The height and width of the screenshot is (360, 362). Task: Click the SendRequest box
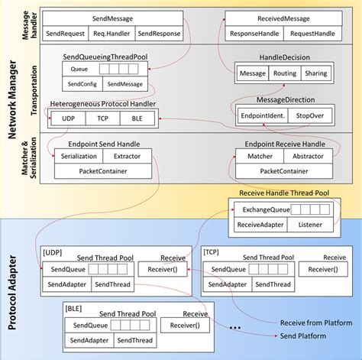(64, 34)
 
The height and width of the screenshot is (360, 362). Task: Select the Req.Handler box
(112, 34)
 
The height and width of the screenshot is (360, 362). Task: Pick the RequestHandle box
(312, 34)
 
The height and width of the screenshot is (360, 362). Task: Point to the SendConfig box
(81, 84)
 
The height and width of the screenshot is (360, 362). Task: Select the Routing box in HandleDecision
(286, 73)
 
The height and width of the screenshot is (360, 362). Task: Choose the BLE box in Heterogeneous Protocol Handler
(138, 118)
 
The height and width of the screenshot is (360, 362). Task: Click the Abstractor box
(309, 155)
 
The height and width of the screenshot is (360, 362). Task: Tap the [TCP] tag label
(212, 251)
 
